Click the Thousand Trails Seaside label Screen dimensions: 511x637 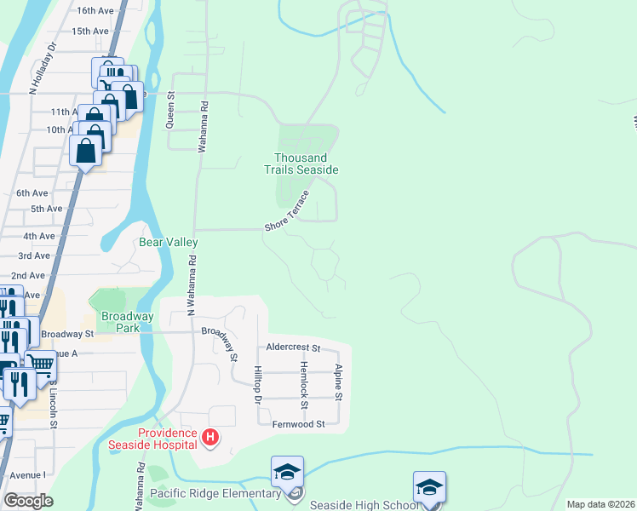tap(306, 164)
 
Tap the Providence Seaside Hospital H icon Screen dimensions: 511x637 tap(211, 439)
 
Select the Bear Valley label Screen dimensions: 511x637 tap(169, 243)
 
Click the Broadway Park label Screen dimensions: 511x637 tap(128, 322)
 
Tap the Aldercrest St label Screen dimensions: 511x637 tap(292, 348)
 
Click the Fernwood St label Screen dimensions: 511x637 tap(298, 424)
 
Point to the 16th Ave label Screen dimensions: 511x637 tap(95, 11)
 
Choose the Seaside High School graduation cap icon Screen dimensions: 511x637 tap(429, 486)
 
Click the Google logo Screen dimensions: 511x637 tap(27, 500)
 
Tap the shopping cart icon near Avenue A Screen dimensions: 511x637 tap(41, 365)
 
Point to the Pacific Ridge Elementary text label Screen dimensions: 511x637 tap(215, 493)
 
